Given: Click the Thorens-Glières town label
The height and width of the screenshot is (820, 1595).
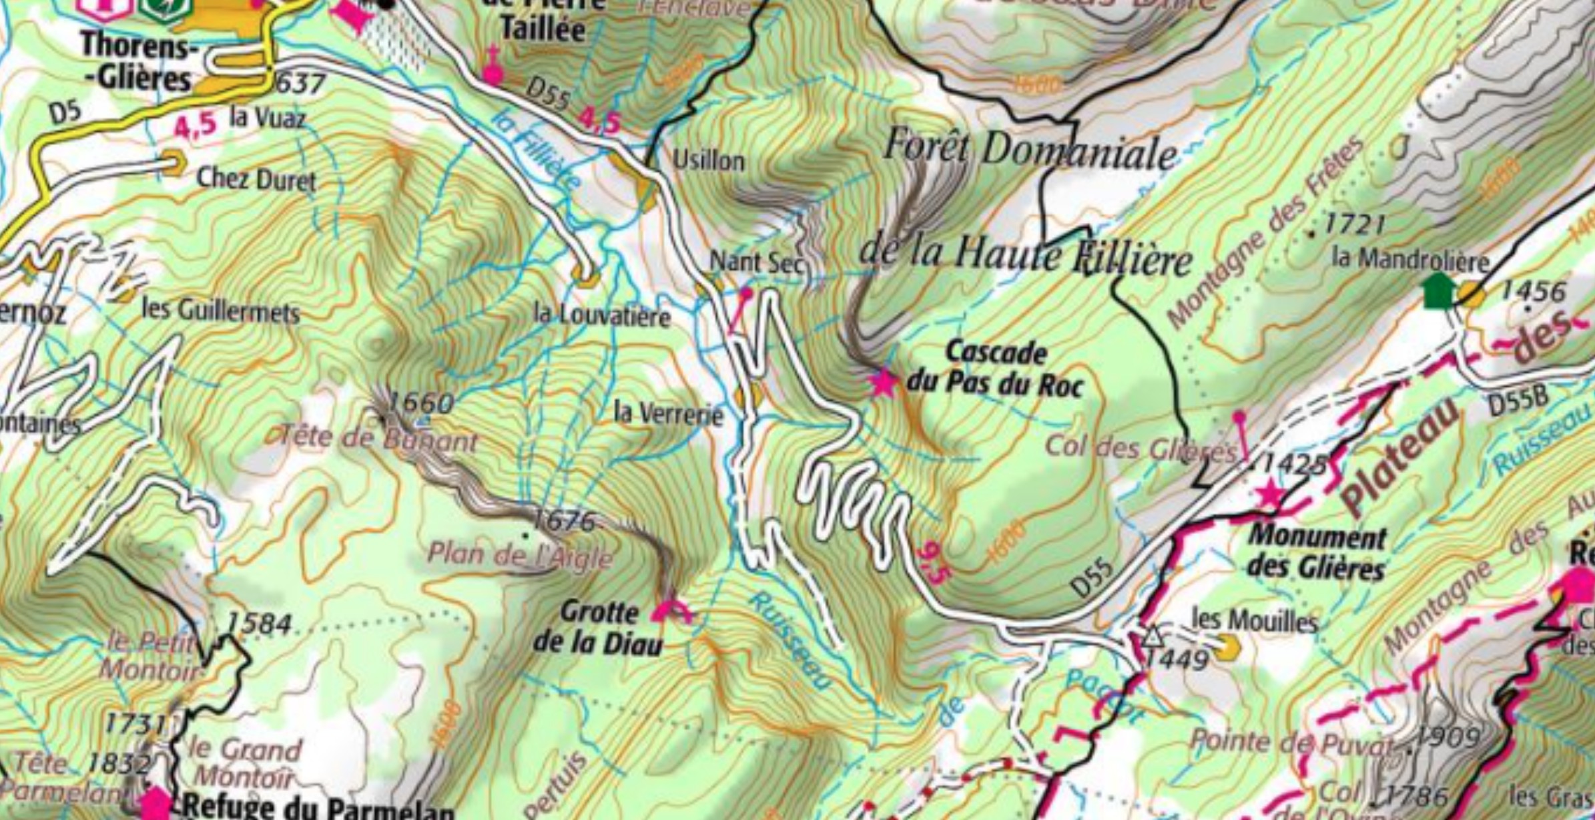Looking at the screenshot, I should [137, 62].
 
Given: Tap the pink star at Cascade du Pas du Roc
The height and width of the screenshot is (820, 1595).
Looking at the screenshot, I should [884, 383].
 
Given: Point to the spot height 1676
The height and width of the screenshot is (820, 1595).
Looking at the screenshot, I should [564, 521].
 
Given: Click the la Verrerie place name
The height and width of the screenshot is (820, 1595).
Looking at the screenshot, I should [668, 414].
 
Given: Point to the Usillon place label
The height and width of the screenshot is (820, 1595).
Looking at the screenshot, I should [708, 160].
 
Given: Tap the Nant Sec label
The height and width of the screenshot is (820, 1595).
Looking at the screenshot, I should [756, 261].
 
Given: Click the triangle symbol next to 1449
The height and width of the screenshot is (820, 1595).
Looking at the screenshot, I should [1152, 636].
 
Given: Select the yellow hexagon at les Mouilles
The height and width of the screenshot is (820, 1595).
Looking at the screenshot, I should [1228, 646].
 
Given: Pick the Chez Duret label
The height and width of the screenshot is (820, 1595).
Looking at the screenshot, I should [256, 180].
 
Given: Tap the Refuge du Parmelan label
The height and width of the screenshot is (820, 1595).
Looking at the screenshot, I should [318, 808].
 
